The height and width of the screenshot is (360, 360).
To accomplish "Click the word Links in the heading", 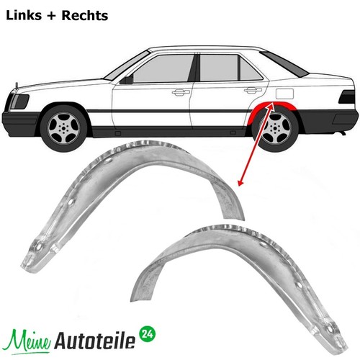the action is (x=24, y=16).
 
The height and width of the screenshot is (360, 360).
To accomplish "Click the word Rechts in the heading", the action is (x=85, y=16).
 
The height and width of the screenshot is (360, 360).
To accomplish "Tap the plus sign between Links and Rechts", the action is (x=52, y=16).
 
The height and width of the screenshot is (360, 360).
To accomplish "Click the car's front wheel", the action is (x=63, y=128).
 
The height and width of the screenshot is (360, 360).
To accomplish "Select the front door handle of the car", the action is (x=181, y=92).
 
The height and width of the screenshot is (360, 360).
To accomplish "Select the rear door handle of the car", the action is (x=253, y=90).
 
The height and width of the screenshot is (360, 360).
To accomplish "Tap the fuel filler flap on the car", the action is (x=284, y=94).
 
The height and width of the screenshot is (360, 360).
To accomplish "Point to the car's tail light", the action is (x=346, y=97).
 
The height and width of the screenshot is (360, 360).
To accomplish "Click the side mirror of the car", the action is (x=127, y=79).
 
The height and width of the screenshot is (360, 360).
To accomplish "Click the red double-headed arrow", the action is (x=255, y=144).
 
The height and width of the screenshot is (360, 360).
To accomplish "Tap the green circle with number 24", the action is (x=148, y=334).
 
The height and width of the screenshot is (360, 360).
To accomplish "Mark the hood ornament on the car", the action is (x=17, y=86).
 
